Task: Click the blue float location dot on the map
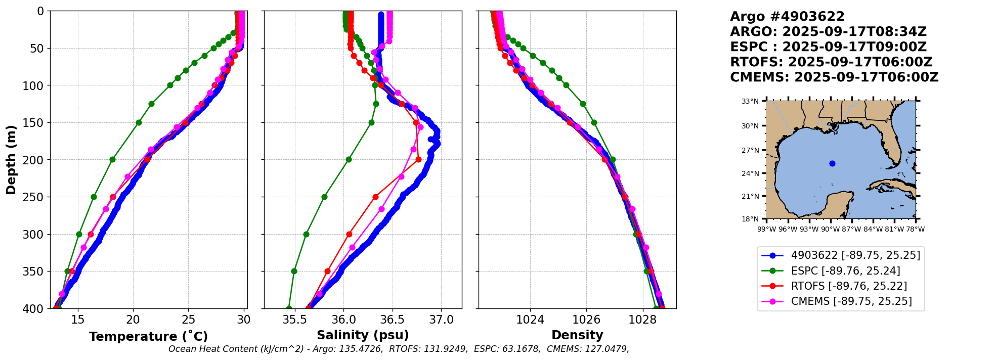[832, 163]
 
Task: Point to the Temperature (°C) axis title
[148, 337]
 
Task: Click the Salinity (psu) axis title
[363, 335]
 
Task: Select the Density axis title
[577, 335]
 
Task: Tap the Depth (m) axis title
[11, 160]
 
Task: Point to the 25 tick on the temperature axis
[188, 320]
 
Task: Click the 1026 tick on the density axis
[586, 320]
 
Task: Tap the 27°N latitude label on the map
[750, 150]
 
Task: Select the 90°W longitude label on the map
[830, 229]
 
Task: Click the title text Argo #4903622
[787, 17]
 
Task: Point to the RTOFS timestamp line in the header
[831, 62]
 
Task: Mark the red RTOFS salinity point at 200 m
[418, 160]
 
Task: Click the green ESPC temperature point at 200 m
[112, 160]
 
